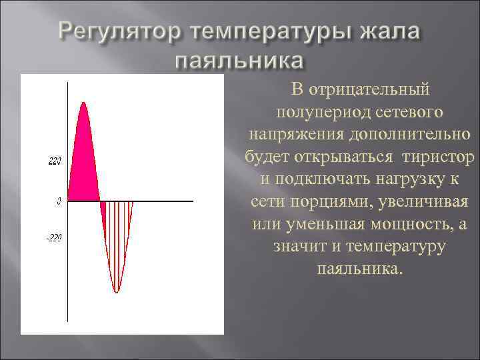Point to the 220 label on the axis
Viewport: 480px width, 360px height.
point(55,161)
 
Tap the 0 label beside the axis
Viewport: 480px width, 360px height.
point(59,200)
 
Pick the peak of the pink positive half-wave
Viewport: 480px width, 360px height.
point(83,103)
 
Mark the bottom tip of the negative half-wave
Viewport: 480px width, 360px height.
point(117,292)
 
